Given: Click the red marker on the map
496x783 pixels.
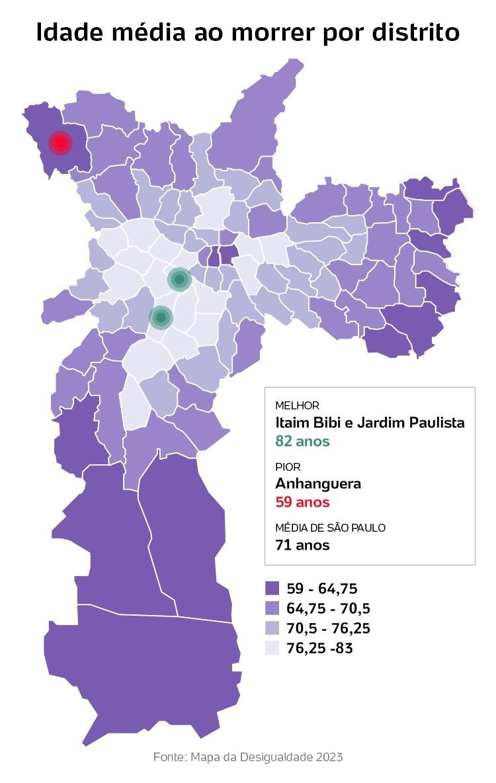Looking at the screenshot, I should [61, 142].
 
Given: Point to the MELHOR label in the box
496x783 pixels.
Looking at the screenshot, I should [297, 405].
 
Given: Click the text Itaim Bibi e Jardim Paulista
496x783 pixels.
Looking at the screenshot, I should [370, 423].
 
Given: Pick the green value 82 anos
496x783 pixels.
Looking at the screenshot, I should [302, 440].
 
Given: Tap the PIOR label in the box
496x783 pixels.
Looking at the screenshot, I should [288, 467].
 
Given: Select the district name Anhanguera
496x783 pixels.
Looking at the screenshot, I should [318, 483].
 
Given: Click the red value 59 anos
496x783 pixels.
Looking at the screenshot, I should [302, 502].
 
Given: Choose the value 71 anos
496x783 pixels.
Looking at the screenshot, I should [302, 545].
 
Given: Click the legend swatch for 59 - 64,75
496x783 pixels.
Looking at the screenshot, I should [272, 589].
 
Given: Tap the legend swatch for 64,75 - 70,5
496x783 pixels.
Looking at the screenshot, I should [272, 608].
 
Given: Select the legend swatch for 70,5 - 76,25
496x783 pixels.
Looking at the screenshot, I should [272, 628].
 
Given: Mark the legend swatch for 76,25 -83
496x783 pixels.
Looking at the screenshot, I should [272, 648].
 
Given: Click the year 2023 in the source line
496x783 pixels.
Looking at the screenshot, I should [329, 757].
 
